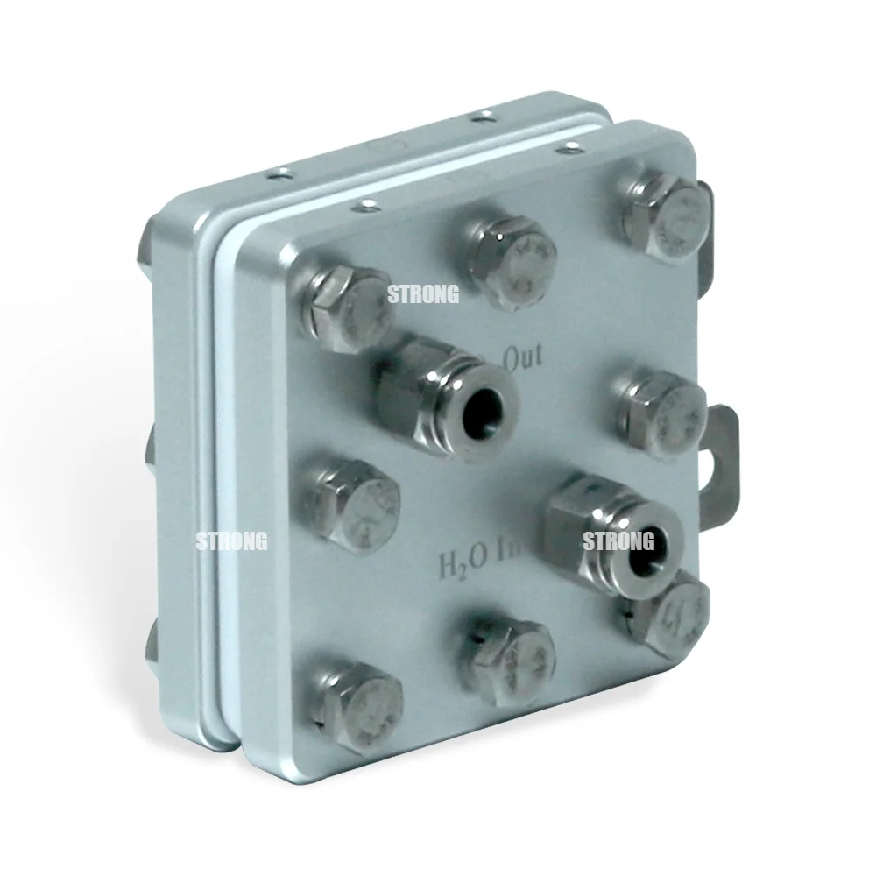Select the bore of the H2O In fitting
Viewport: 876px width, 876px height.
click(647, 541)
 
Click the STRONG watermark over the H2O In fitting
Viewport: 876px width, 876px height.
click(618, 542)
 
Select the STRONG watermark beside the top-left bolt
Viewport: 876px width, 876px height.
click(423, 295)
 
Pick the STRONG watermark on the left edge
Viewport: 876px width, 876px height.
click(232, 541)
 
